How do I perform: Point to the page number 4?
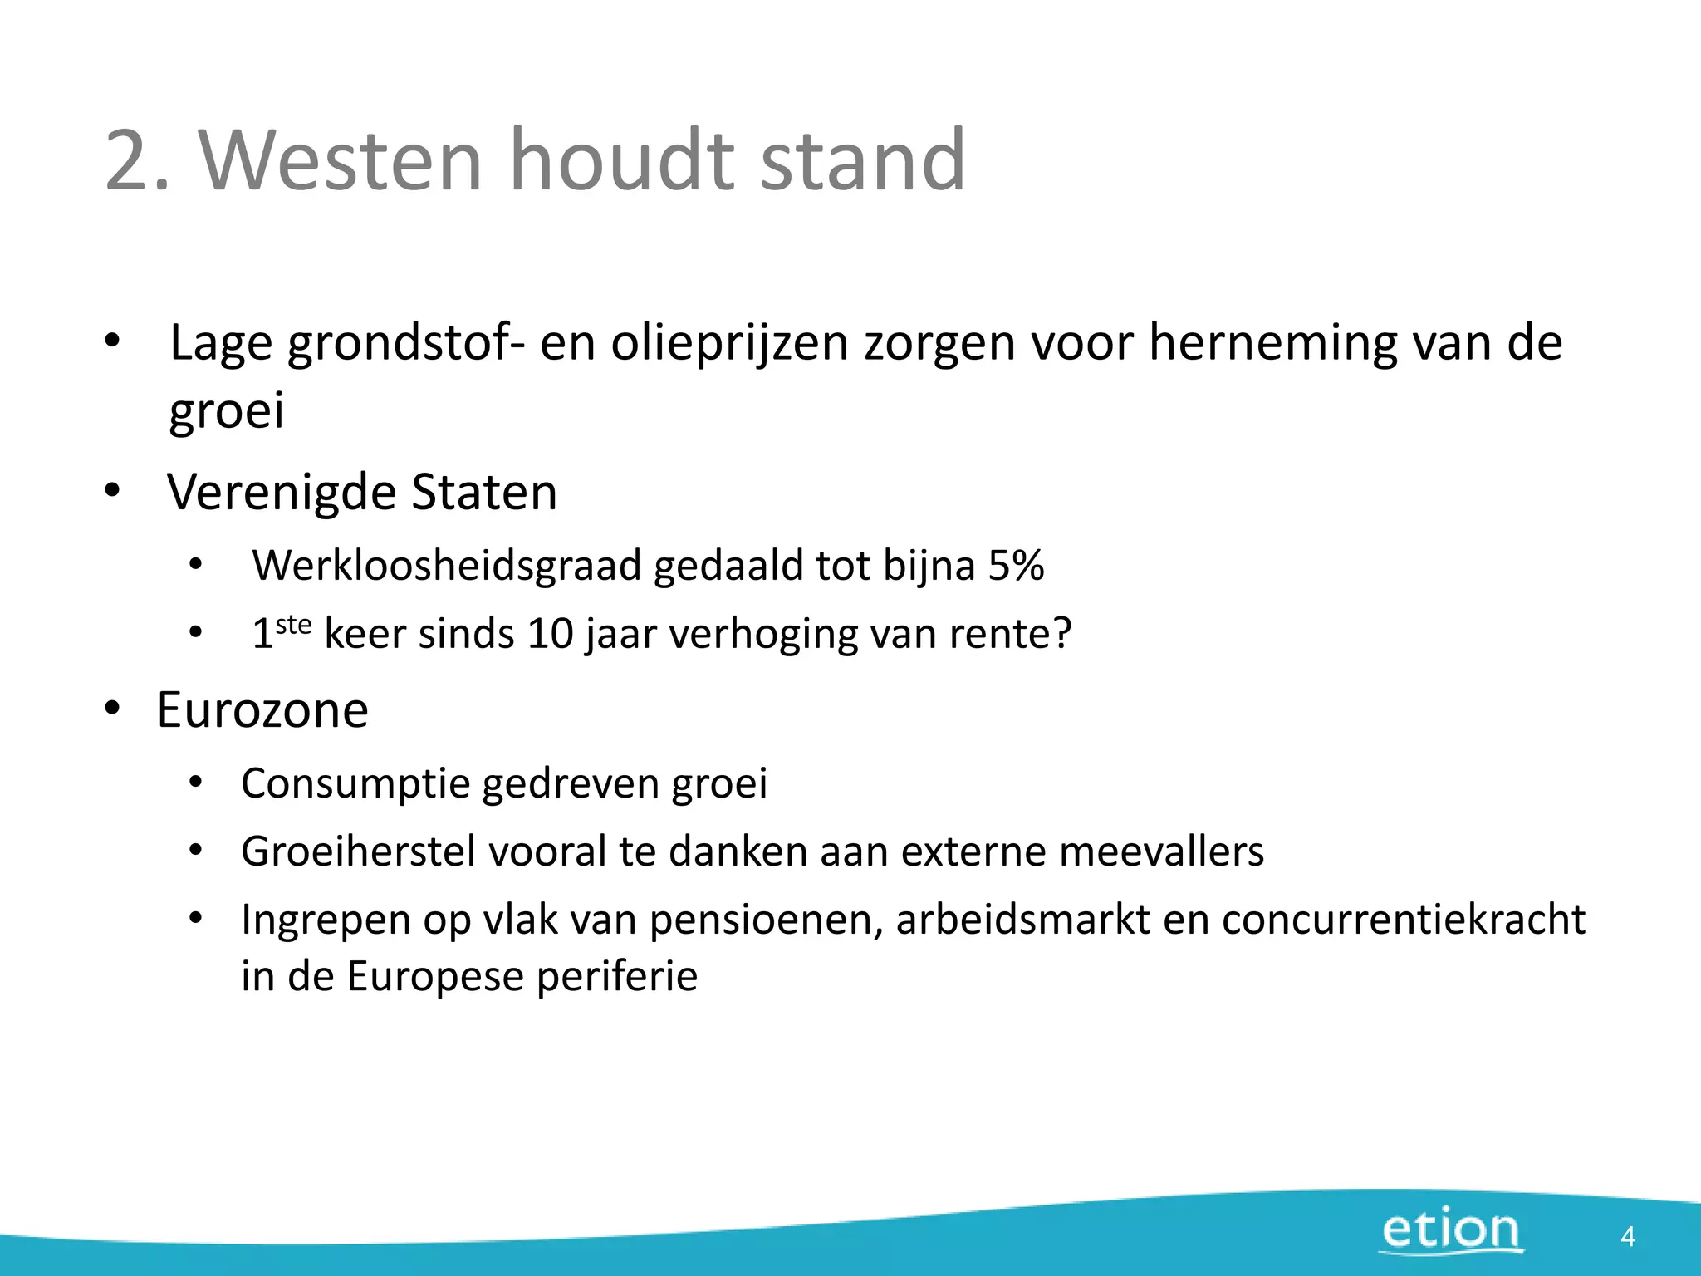tap(1627, 1237)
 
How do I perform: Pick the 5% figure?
tap(1016, 566)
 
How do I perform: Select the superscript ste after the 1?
tap(293, 624)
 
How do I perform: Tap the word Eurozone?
tap(262, 710)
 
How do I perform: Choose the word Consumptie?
tap(355, 784)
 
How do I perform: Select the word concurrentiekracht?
tap(1403, 920)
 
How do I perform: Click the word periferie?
tap(616, 977)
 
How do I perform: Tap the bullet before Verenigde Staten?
tap(112, 490)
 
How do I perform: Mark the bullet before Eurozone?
tap(112, 709)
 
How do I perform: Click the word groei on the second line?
tap(226, 412)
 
